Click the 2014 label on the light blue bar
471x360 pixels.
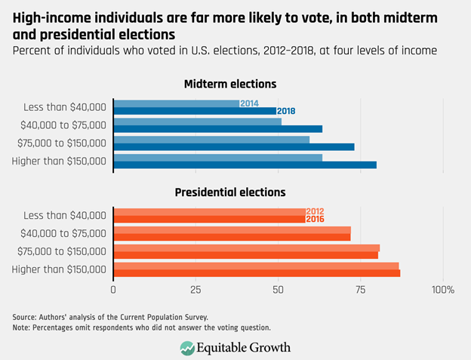pyautogui.click(x=249, y=103)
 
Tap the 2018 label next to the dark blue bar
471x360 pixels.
pyautogui.click(x=286, y=111)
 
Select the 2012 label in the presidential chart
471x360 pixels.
pyautogui.click(x=316, y=211)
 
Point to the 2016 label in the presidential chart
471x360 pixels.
pyautogui.click(x=316, y=220)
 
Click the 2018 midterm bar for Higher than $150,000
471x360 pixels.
pyautogui.click(x=245, y=165)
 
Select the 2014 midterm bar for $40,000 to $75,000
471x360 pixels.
pyautogui.click(x=197, y=121)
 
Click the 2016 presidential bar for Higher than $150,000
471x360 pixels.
pyautogui.click(x=257, y=273)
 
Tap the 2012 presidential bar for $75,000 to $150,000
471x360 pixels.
pyautogui.click(x=246, y=248)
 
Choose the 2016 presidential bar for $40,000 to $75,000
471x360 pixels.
pyautogui.click(x=232, y=237)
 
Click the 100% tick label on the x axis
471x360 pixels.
pyautogui.click(x=442, y=290)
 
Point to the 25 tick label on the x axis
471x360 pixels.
pyautogui.click(x=196, y=290)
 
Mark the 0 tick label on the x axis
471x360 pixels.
pyautogui.click(x=114, y=290)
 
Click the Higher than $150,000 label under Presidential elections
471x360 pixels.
pyautogui.click(x=60, y=269)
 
